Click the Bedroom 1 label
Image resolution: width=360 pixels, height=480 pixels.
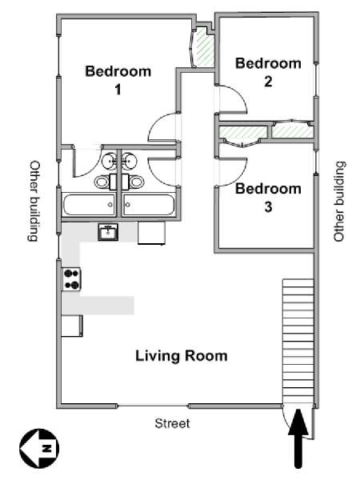tap(118, 80)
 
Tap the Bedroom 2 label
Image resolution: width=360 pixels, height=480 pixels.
tap(269, 71)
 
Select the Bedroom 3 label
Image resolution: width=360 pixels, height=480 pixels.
tap(268, 198)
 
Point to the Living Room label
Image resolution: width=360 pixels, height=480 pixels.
tap(181, 355)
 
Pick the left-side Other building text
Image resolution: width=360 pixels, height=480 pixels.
tap(34, 201)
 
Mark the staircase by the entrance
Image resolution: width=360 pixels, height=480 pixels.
tap(297, 336)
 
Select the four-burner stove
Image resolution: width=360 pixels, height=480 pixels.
tap(72, 279)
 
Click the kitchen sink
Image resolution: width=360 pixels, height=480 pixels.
tap(108, 232)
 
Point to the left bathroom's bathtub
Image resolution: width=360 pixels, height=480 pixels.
tap(89, 205)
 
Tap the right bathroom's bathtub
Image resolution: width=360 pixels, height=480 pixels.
tap(150, 205)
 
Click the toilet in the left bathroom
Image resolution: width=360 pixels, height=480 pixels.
tap(102, 182)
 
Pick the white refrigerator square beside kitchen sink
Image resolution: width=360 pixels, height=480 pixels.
tap(150, 233)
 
